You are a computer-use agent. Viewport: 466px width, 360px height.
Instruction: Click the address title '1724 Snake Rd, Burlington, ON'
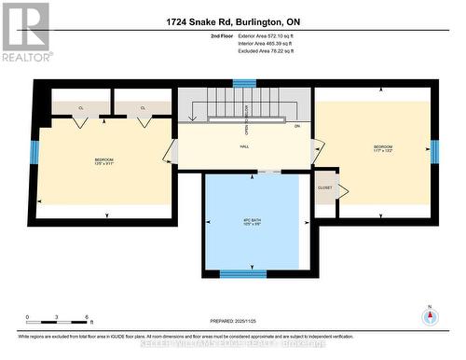[x=232, y=21]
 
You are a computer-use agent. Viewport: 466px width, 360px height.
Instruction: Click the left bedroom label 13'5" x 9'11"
[x=103, y=163]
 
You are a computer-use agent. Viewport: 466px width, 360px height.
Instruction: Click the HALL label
[x=244, y=146]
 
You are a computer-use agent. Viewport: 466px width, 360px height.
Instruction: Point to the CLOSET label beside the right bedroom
[x=325, y=187]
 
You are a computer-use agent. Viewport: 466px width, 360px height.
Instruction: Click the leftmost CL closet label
[x=81, y=108]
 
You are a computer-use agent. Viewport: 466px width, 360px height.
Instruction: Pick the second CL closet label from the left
[x=143, y=108]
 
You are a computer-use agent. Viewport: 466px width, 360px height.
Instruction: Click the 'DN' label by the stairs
[x=297, y=126]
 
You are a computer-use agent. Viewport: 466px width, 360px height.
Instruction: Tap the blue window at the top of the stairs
[x=244, y=83]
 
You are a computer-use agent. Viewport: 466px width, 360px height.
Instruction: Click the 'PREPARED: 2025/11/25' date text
[x=232, y=320]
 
